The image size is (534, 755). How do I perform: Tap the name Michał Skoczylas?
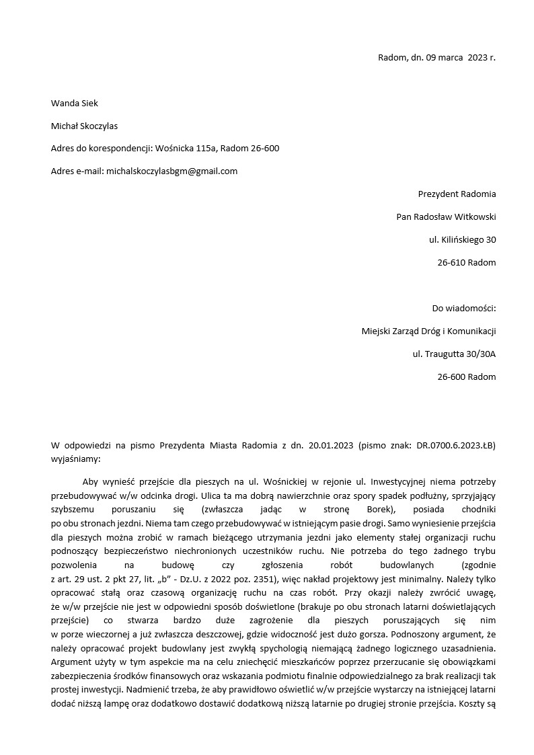pos(85,126)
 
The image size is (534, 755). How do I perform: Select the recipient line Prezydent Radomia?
pos(457,194)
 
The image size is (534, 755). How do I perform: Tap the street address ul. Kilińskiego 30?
pos(462,239)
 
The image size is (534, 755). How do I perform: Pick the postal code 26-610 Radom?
pos(466,262)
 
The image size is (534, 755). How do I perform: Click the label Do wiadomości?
pos(463,309)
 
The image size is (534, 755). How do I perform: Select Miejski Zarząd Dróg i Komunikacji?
pos(428,331)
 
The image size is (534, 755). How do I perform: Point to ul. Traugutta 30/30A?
pos(454,354)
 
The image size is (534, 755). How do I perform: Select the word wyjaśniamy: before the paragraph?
pos(75,459)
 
